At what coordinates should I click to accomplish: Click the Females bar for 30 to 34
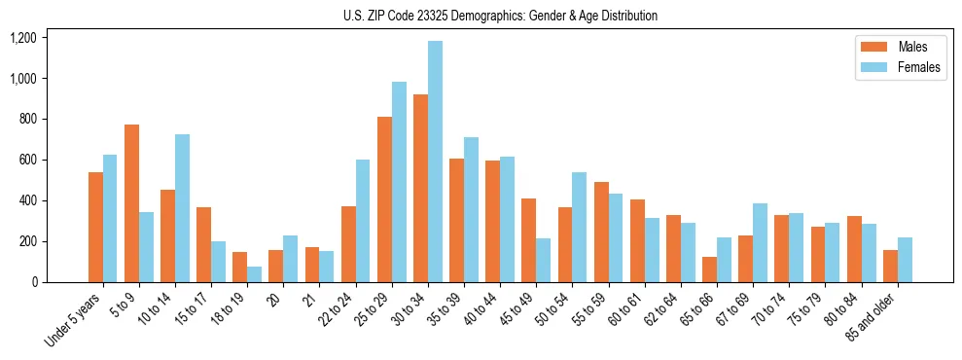[x=435, y=162]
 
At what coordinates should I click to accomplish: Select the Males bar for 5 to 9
[x=131, y=203]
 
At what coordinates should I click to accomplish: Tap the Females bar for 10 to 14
[x=182, y=208]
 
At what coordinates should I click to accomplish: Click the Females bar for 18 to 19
[x=254, y=274]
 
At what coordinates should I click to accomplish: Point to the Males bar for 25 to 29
[x=384, y=199]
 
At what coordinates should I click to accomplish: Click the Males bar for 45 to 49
[x=528, y=240]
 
